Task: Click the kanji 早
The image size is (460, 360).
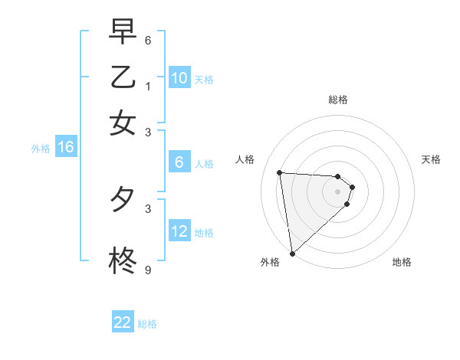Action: point(123,33)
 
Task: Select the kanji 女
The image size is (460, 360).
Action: point(123,123)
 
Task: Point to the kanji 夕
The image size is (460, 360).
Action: point(123,200)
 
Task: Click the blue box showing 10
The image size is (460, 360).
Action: point(179,78)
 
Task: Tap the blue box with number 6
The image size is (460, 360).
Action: point(179,162)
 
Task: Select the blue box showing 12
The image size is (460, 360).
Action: point(179,231)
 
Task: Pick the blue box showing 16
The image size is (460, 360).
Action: point(65,148)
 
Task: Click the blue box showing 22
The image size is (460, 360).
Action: point(123,322)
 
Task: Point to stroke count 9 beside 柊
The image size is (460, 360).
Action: point(148,270)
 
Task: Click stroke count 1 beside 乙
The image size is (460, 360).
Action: point(148,86)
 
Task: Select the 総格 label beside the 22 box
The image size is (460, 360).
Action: point(147,324)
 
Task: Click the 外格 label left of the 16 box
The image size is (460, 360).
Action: point(41,149)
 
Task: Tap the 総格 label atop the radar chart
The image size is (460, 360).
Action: point(338,100)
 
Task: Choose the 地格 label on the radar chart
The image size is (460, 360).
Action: point(402,262)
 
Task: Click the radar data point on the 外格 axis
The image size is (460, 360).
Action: point(292,253)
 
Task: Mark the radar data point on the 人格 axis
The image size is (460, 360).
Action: point(280,172)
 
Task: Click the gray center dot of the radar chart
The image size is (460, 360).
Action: point(338,191)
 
